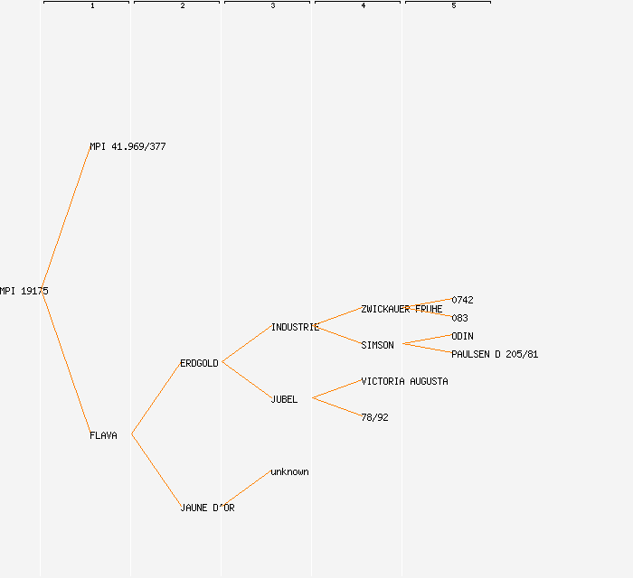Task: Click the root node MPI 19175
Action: pos(24,291)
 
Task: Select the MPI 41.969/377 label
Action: pos(128,146)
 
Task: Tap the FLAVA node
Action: pos(103,435)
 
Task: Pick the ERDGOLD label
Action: pos(199,363)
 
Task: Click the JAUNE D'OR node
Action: pos(207,508)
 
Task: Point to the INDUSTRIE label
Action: pos(295,327)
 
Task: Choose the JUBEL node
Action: pos(284,399)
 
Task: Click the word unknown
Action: pos(289,471)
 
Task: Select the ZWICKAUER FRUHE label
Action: pos(402,309)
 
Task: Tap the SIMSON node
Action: pos(377,345)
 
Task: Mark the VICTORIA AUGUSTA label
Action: pos(404,381)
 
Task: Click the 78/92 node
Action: pos(374,417)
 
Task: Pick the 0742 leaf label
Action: pos(462,300)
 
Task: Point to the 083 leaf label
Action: pos(459,318)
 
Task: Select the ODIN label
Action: pos(462,336)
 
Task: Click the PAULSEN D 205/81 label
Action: pos(495,354)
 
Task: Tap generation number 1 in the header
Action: pos(92,6)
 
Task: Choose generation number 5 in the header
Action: pos(454,6)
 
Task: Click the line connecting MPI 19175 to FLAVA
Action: pos(65,363)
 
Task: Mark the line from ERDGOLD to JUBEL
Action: pos(246,380)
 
